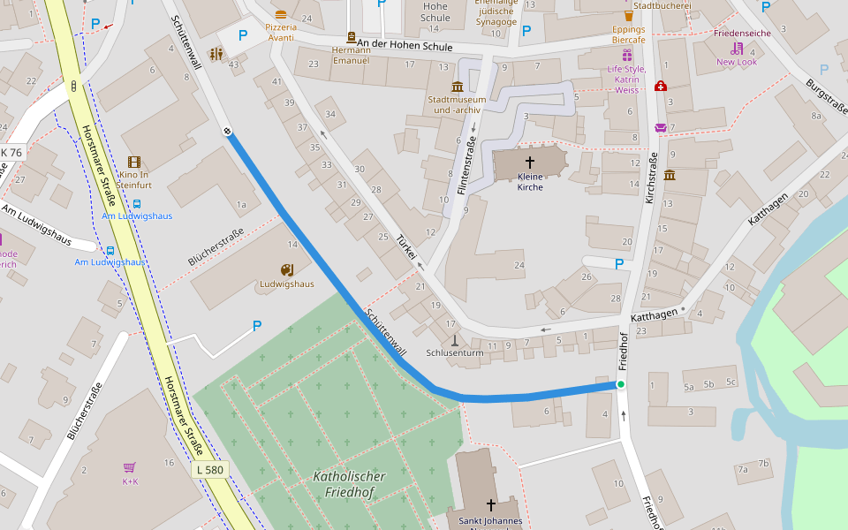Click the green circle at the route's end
click(621, 384)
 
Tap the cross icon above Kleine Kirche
click(530, 163)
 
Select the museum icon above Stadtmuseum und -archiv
click(457, 86)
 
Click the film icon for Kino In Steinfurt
click(133, 162)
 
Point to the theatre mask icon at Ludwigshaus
click(286, 269)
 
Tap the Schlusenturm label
click(455, 352)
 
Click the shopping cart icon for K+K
click(130, 467)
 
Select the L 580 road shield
click(210, 470)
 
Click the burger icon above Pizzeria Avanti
click(281, 14)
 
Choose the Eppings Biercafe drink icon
click(629, 15)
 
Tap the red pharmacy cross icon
click(660, 86)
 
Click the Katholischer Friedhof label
click(349, 484)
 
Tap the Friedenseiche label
click(741, 34)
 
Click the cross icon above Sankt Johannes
click(490, 505)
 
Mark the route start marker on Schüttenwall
click(227, 132)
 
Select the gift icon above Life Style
click(626, 55)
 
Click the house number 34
click(330, 113)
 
